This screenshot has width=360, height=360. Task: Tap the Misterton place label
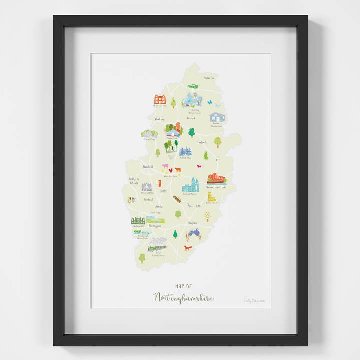[209, 78]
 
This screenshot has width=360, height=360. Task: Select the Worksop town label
[159, 119]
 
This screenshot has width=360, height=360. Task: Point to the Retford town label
[190, 119]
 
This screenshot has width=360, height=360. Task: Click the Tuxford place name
[201, 142]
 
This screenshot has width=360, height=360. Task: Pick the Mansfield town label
[147, 166]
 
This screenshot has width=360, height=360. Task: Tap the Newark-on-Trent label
[216, 187]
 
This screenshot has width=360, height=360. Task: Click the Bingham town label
[193, 222]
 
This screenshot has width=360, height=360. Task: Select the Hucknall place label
[148, 199]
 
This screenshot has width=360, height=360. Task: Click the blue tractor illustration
[194, 233]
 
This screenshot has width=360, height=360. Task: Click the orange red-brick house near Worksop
[160, 99]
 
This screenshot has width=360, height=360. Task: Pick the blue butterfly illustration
[210, 102]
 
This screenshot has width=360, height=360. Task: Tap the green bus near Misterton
[193, 86]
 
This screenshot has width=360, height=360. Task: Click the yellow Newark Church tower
[211, 196]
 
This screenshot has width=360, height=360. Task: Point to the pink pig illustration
[165, 167]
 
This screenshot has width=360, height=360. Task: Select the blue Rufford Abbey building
[185, 151]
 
